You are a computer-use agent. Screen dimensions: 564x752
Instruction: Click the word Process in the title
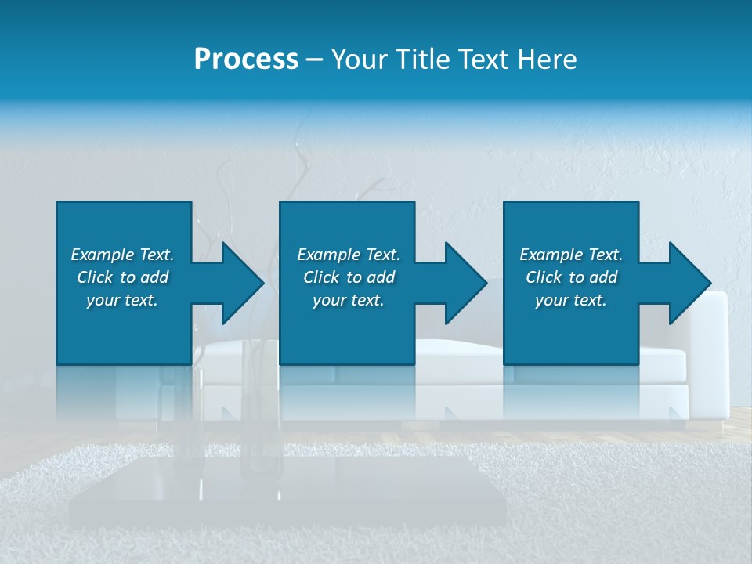[246, 60]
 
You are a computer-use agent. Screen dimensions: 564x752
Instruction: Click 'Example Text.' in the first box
[122, 255]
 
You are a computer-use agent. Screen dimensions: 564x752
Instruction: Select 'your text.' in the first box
[122, 300]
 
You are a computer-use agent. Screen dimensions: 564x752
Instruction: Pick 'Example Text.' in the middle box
[349, 255]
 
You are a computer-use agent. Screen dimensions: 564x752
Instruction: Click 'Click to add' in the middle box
[349, 277]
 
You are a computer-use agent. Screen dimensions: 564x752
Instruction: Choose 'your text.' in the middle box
[349, 300]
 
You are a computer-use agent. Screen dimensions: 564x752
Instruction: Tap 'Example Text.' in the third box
[571, 255]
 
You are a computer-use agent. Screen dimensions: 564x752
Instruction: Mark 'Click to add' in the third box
[571, 277]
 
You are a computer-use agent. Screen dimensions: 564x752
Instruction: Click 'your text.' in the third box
[571, 300]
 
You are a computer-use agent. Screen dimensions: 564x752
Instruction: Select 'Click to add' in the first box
[122, 277]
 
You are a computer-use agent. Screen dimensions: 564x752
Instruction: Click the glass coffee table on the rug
[282, 490]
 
